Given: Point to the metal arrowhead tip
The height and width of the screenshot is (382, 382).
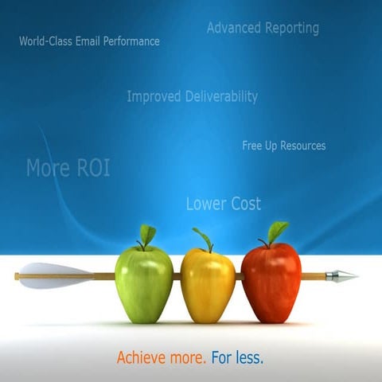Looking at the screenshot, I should [345, 276].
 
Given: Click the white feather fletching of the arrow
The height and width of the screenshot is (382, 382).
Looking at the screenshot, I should [56, 275].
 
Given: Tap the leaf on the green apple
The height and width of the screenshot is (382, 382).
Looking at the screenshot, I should [147, 234].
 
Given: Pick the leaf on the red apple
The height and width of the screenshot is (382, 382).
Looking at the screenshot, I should [277, 231].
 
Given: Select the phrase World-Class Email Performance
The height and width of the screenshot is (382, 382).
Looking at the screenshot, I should [89, 41].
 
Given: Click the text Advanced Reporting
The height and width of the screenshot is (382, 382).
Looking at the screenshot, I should [263, 28].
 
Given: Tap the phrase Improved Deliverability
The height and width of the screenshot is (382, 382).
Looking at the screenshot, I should [192, 96].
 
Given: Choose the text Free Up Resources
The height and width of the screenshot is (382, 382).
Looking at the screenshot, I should [283, 146].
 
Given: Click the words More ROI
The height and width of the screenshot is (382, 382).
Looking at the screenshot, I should [68, 168].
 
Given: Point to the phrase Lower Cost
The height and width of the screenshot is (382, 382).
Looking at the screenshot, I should [223, 204].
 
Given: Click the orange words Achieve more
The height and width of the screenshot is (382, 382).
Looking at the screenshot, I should [162, 358].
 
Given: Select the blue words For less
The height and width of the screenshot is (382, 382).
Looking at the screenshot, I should [237, 358].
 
